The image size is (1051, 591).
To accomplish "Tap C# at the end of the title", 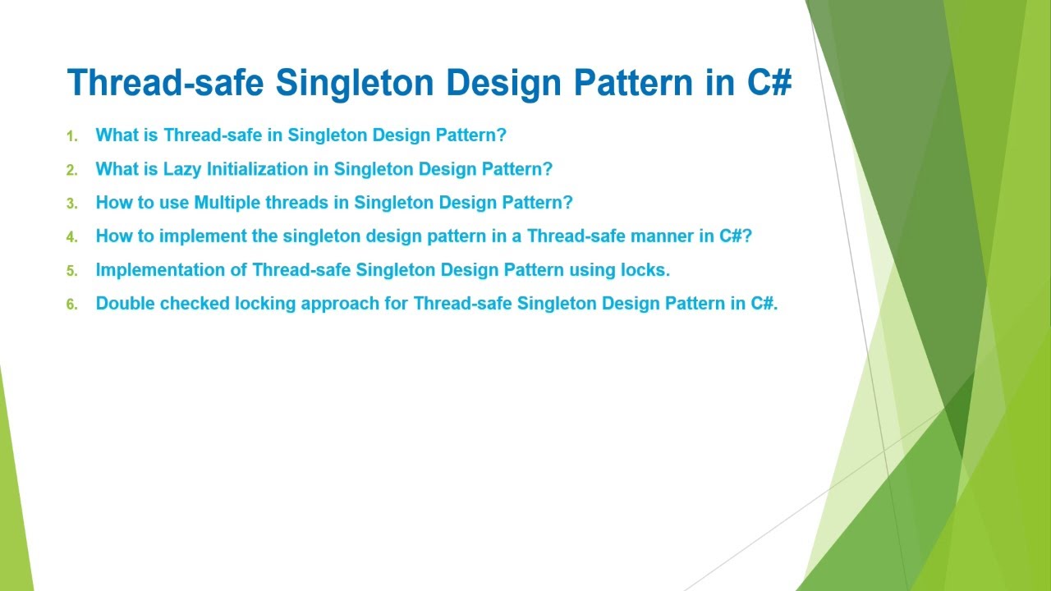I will pyautogui.click(x=769, y=83).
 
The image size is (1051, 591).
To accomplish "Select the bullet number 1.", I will pyautogui.click(x=71, y=136).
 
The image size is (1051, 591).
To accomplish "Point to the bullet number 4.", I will pyautogui.click(x=71, y=237).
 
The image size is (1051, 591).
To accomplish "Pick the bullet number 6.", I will pyautogui.click(x=71, y=305).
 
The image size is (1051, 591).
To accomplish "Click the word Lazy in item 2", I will pyautogui.click(x=182, y=169).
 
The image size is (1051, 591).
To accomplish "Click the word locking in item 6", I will pyautogui.click(x=265, y=304).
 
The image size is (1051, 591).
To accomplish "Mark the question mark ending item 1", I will pyautogui.click(x=502, y=135).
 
